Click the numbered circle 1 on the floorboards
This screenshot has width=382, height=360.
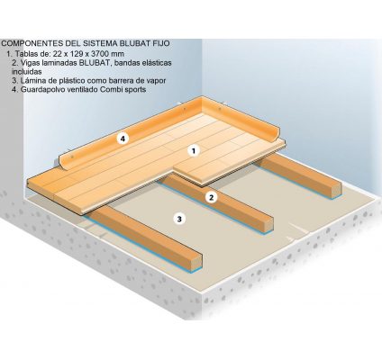tap(194, 150)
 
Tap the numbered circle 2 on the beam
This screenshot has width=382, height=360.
tap(212, 197)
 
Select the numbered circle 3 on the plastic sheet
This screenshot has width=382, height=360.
tap(179, 219)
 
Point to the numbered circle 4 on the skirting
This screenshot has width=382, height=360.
tap(123, 139)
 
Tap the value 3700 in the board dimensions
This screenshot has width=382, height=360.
tap(102, 54)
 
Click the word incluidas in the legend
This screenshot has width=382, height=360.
tap(27, 72)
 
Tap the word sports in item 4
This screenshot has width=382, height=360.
tap(135, 90)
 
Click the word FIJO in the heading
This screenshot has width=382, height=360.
tap(164, 43)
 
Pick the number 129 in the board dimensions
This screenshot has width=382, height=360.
tap(79, 54)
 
